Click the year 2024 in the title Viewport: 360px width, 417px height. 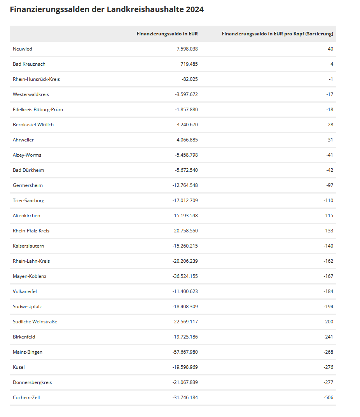click(x=194, y=10)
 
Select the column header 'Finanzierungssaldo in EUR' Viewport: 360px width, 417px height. click(x=167, y=34)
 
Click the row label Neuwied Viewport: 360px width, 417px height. click(x=23, y=49)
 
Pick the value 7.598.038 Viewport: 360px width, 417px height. click(x=187, y=49)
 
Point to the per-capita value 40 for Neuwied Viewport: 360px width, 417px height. click(x=330, y=49)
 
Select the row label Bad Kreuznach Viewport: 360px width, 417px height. click(x=29, y=64)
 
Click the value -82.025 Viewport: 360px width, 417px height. click(x=190, y=79)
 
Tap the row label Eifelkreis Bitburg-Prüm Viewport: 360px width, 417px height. click(x=38, y=110)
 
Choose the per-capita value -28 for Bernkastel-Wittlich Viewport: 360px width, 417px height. click(x=330, y=125)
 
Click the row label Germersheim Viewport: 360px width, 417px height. click(x=28, y=185)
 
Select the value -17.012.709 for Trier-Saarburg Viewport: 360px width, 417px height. click(x=185, y=201)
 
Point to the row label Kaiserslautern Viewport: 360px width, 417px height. click(x=28, y=246)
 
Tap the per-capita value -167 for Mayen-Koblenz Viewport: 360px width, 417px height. click(x=329, y=276)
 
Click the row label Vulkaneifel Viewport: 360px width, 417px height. click(x=25, y=291)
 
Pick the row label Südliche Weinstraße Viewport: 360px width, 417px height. click(x=35, y=322)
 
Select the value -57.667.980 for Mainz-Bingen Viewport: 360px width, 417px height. click(x=185, y=352)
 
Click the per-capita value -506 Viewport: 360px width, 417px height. click(x=329, y=398)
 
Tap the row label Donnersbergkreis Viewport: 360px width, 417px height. click(x=32, y=382)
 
